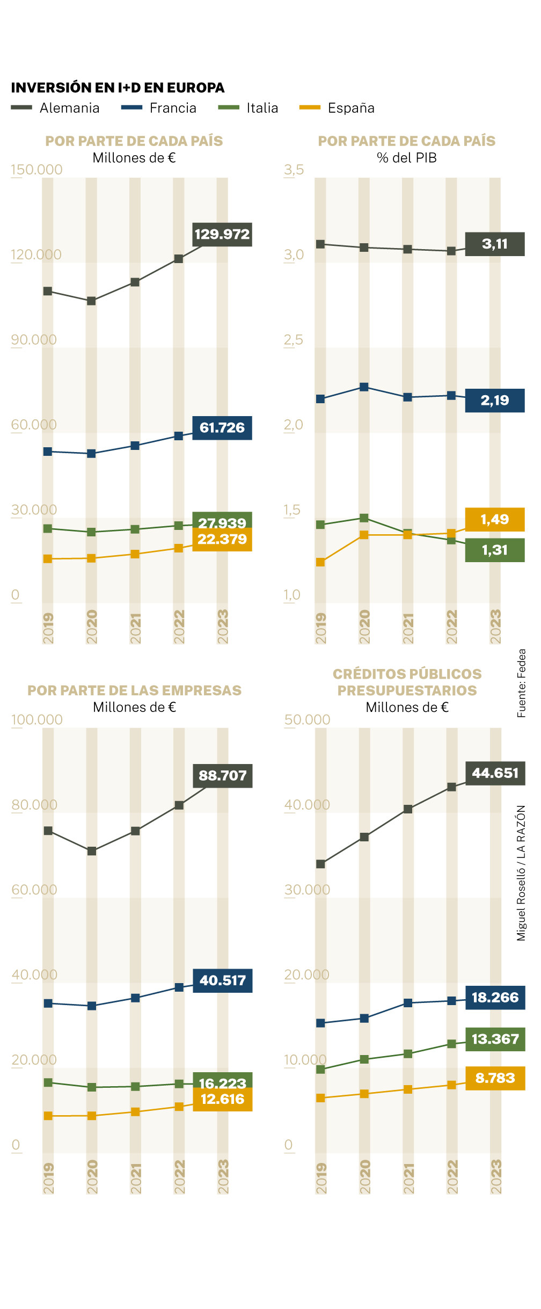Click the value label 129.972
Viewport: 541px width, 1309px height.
point(222,235)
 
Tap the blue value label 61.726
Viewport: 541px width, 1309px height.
point(222,428)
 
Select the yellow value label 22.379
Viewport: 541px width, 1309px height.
point(222,540)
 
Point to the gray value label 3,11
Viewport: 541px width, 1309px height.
point(494,244)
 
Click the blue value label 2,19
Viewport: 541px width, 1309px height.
point(494,401)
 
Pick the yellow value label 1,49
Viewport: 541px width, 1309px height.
point(494,520)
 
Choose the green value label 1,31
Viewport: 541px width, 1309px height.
point(494,550)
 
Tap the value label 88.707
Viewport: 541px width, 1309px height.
point(222,776)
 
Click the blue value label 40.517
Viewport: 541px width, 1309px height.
point(222,980)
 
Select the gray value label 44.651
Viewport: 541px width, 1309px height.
point(495,773)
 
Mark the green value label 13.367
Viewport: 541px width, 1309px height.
point(495,1039)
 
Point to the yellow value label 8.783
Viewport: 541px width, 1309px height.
point(495,1078)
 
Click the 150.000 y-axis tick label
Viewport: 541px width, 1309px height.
point(36,170)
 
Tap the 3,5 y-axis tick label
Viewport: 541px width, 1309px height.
point(294,170)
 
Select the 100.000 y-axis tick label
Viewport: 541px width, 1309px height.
point(37,719)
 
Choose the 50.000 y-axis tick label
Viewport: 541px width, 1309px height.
point(307,719)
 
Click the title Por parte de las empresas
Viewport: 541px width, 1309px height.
point(134,690)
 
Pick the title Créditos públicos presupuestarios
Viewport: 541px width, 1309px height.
point(407,682)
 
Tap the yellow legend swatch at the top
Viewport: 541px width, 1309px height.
point(310,107)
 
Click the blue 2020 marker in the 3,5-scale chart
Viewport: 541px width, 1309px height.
point(364,387)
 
